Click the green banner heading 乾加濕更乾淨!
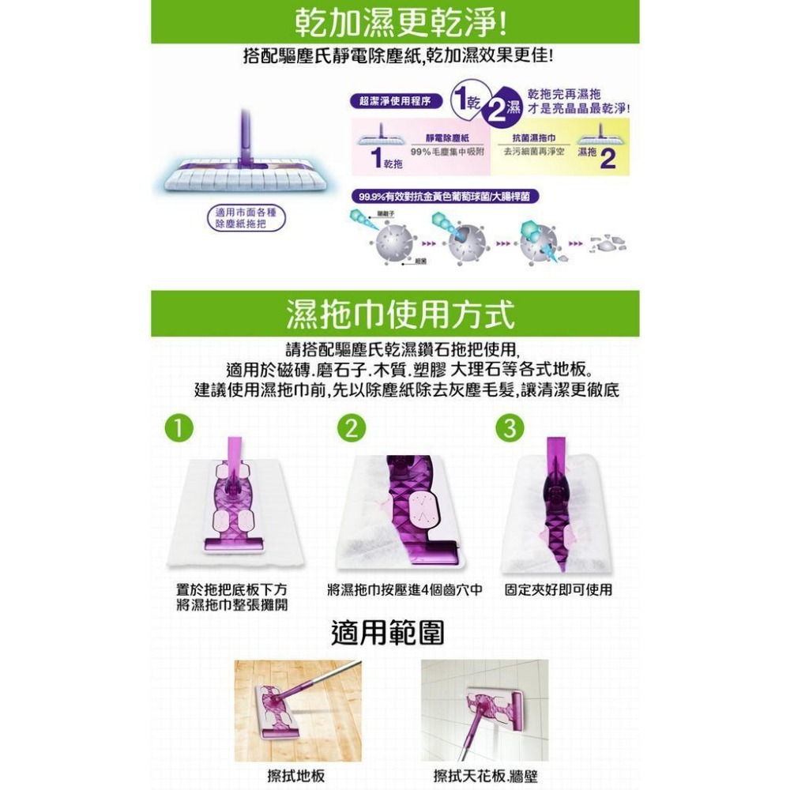pos(395,23)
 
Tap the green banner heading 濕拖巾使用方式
pos(395,314)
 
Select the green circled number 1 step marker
pos(181,428)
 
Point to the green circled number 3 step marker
pos(510,428)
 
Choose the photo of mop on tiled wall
pos(484,710)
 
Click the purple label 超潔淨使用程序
pos(394,101)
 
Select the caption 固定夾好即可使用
pos(559,590)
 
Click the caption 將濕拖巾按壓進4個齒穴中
pos(405,590)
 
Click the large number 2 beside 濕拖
pos(608,159)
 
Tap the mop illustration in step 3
pos(558,506)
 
